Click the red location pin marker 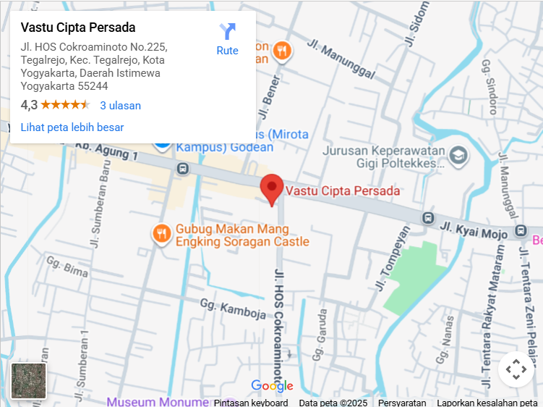pos(272,188)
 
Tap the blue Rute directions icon pos(227,32)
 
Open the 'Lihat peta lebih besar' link pos(72,127)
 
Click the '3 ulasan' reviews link pos(120,105)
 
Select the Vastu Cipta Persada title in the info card pos(78,28)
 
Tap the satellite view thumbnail pos(29,381)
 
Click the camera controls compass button pos(516,369)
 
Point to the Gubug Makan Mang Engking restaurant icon pos(161,233)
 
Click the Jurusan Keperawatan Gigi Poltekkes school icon pos(458,156)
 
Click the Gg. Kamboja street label pos(228,309)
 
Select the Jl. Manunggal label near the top pos(341,58)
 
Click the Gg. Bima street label pos(67,267)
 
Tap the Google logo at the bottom pos(272,386)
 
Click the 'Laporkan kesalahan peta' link pos(487,403)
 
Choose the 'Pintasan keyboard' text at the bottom pos(251,403)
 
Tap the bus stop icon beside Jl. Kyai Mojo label pos(429,217)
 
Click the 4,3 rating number pos(29,105)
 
